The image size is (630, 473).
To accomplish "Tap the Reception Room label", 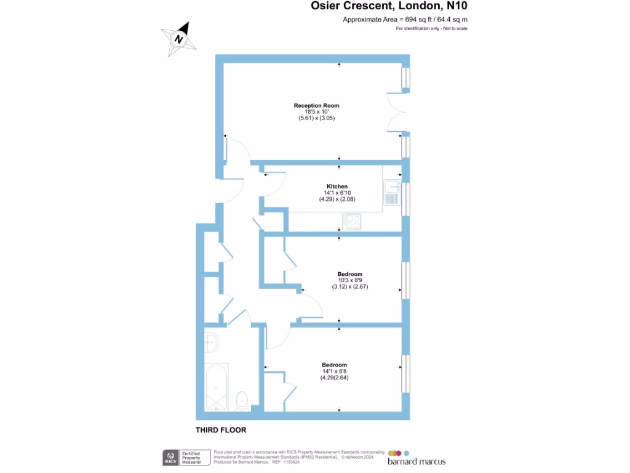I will coord(316,105).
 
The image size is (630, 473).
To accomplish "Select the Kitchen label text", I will coord(337,186).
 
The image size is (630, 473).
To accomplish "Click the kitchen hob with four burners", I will coord(352,221).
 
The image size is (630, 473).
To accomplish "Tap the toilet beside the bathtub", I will coord(242,400).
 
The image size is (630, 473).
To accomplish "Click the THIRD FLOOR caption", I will coord(221,430).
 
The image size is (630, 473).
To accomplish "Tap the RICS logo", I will coord(170,457).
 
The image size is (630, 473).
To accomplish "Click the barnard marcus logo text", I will coord(416,461).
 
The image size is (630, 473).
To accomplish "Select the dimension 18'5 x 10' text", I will coord(316,111).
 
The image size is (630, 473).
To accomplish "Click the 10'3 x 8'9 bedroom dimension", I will coord(349,280).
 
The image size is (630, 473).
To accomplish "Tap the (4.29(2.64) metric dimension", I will coord(334,377).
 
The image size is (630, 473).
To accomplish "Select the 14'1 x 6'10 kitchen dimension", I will coord(337,192).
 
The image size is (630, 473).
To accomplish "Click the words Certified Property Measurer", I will coord(191,458).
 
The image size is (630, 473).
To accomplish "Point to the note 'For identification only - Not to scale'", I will coord(431,29).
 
